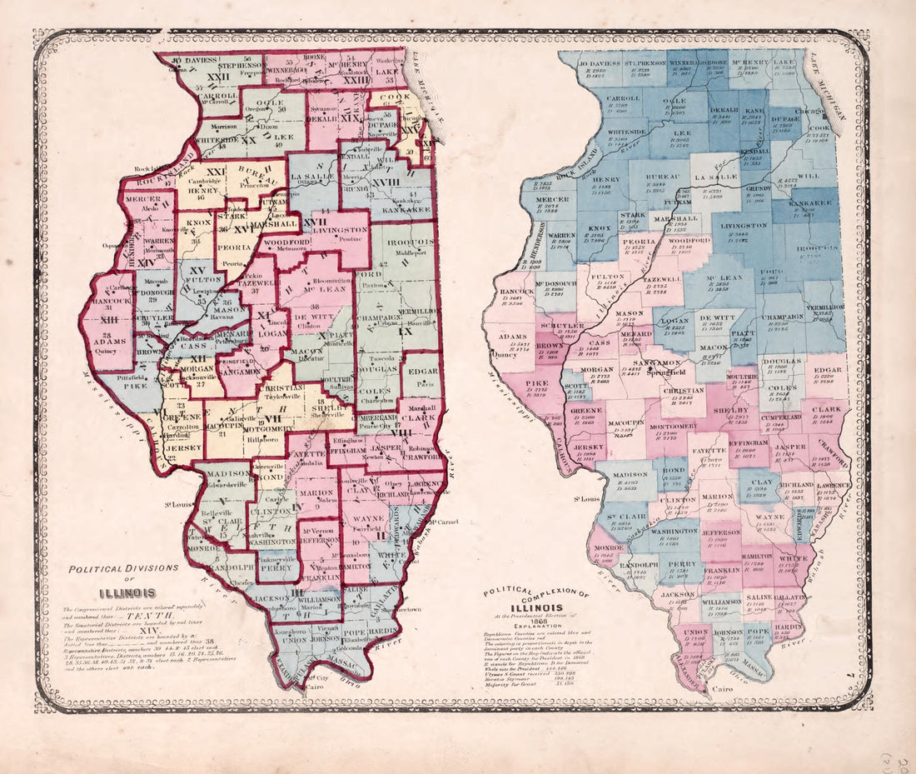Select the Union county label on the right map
(697, 631)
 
